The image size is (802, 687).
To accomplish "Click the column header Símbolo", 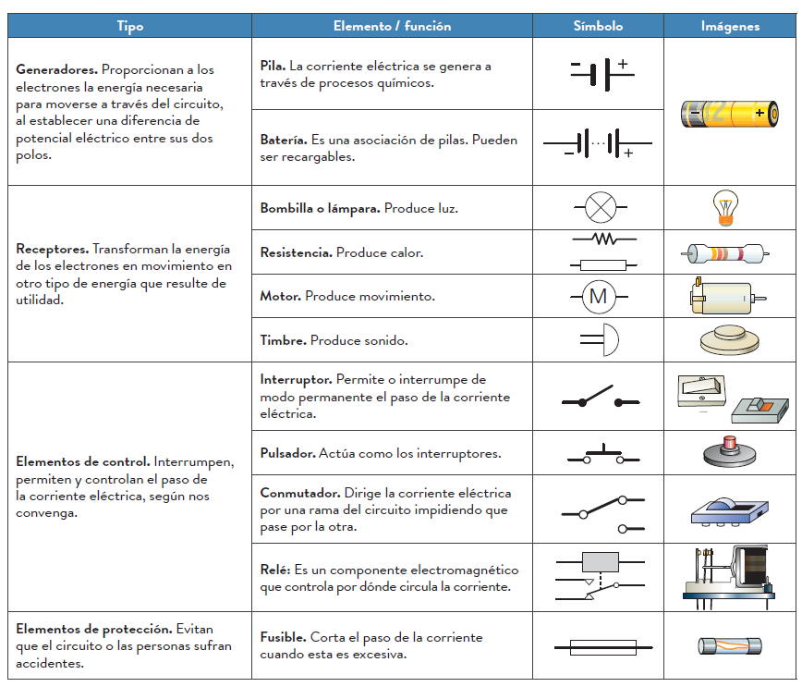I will click(x=598, y=26).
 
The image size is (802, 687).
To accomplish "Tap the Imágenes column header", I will click(x=730, y=26).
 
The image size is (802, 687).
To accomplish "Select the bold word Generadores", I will click(x=56, y=69).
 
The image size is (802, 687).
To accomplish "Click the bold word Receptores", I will click(x=52, y=249).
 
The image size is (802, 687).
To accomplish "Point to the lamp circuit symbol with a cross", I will click(x=601, y=207).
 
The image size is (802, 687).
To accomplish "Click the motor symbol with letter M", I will click(x=598, y=296).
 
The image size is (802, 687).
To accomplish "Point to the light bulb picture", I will click(x=726, y=207).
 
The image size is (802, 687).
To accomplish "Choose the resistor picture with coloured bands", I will click(x=726, y=251).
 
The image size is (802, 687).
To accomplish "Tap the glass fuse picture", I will click(x=729, y=645).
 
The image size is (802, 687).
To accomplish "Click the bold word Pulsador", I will click(x=287, y=453).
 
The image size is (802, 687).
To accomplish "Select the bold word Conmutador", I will click(x=300, y=493).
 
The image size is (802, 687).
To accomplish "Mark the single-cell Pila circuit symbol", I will click(x=598, y=73).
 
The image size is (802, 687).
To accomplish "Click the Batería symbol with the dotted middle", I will click(x=598, y=143).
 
